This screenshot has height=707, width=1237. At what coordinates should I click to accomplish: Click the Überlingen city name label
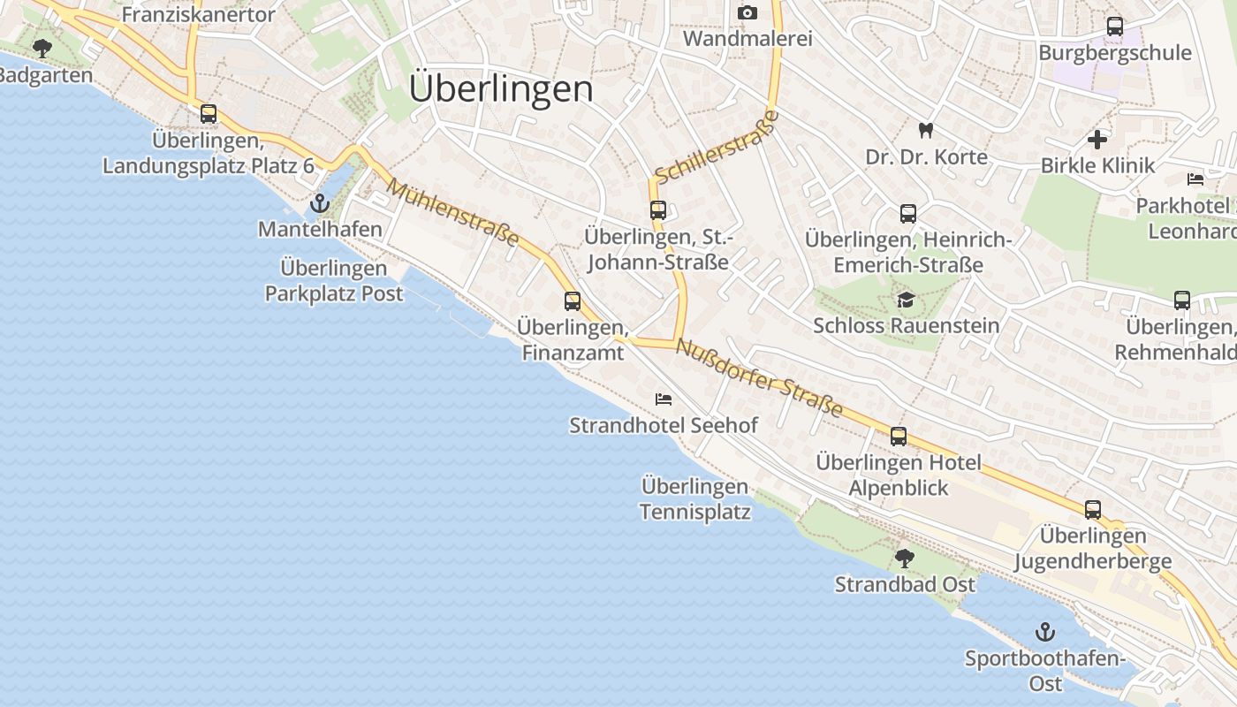[x=501, y=89]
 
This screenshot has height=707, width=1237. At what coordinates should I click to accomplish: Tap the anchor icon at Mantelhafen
[x=319, y=205]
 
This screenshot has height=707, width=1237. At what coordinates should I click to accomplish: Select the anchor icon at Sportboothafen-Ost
[x=1045, y=633]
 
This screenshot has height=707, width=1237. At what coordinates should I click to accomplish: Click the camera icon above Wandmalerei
[x=748, y=13]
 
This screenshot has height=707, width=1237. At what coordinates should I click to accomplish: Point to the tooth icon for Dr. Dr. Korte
[x=926, y=131]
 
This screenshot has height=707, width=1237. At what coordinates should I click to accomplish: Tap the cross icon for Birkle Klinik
[x=1097, y=140]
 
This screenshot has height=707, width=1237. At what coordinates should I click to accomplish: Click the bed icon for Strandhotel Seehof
[x=664, y=399]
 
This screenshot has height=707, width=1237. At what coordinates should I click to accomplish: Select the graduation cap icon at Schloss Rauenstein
[x=906, y=300]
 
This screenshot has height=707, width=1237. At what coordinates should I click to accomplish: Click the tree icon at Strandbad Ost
[x=904, y=559]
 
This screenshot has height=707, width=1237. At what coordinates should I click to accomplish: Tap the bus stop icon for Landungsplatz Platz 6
[x=209, y=114]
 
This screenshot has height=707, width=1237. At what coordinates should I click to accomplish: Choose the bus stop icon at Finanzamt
[x=573, y=301]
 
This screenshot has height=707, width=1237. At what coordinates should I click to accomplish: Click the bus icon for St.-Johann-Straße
[x=658, y=210]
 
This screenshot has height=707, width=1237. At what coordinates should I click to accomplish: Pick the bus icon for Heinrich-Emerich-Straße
[x=908, y=214]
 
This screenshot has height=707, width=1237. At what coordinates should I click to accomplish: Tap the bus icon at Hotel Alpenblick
[x=899, y=437]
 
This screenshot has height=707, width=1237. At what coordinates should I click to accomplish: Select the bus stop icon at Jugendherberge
[x=1093, y=510]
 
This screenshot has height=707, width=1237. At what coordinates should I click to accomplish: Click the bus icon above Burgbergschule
[x=1115, y=27]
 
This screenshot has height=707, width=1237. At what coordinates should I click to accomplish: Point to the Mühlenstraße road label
[x=452, y=214]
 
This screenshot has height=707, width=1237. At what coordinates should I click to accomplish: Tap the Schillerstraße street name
[x=717, y=148]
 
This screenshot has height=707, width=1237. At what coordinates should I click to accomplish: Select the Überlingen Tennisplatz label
[x=695, y=499]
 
